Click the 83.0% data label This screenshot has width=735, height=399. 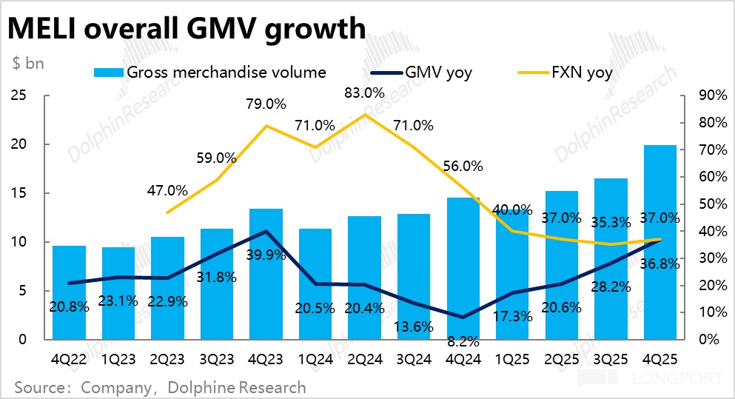365,94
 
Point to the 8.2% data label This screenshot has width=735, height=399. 463,342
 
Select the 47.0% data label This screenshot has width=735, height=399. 167,190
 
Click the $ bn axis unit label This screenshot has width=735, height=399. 28,63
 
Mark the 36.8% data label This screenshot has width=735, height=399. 660,264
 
